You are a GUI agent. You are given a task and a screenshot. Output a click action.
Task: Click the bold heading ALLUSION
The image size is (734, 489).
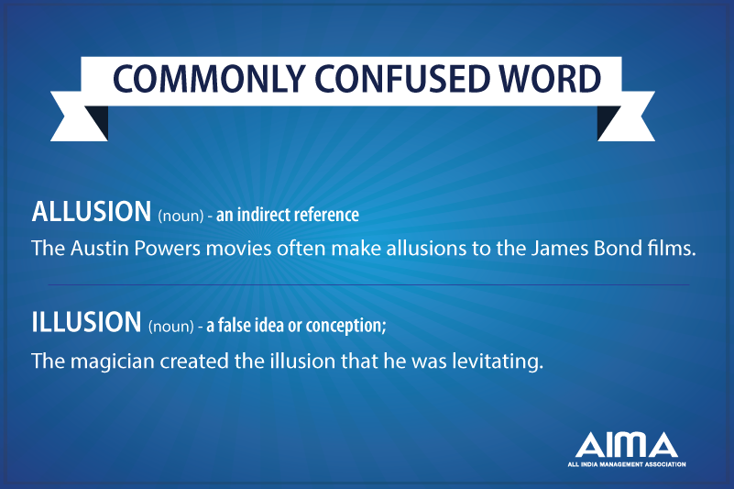tap(91, 212)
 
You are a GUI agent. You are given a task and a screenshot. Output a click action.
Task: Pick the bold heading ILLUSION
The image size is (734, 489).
tap(85, 322)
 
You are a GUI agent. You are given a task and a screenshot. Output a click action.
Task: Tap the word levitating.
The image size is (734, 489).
tap(501, 361)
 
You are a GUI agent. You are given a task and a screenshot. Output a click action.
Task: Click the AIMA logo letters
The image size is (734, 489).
tap(627, 445)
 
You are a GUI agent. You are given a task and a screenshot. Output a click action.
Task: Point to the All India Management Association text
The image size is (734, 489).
tap(627, 464)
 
